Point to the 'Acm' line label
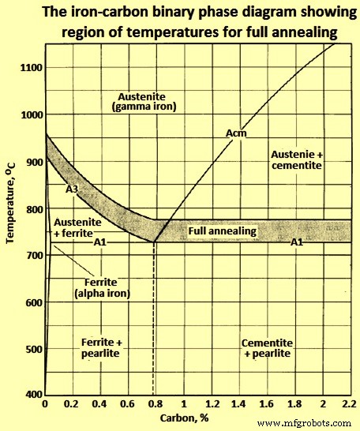coord(235,133)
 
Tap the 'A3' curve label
coord(72,190)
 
